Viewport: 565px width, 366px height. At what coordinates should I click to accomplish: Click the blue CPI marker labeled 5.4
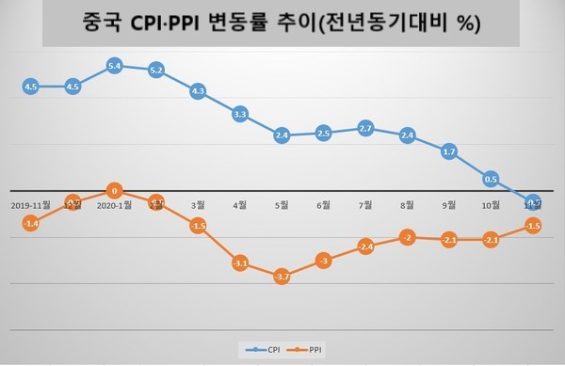[114, 66]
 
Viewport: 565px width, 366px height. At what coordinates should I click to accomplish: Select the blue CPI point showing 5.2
[156, 70]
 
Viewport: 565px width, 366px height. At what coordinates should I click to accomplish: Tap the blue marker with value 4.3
[198, 91]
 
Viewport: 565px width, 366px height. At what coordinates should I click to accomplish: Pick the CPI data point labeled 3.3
[240, 114]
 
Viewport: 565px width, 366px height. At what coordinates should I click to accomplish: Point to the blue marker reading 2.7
[365, 128]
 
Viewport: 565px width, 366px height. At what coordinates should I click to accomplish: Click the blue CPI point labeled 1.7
[449, 151]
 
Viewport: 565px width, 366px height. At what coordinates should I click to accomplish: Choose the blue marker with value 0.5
[491, 178]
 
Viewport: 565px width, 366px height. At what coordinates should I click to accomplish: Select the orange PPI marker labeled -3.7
[282, 277]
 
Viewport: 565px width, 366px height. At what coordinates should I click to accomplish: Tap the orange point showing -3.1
[240, 263]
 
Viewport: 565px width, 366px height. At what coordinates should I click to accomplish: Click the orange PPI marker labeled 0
[114, 190]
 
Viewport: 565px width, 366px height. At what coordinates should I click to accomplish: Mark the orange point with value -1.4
[30, 223]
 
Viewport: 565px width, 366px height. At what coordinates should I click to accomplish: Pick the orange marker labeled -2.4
[365, 247]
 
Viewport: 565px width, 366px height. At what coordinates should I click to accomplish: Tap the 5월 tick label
[282, 203]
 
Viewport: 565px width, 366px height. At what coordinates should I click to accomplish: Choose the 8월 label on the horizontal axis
[407, 203]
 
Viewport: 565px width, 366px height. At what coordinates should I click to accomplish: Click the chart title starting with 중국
[282, 23]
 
